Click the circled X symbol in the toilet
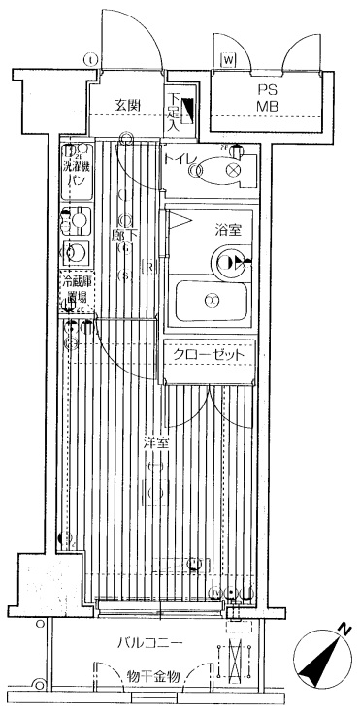point(233,170)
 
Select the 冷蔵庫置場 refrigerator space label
point(76,289)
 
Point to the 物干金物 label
point(152,676)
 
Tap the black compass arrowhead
point(317,669)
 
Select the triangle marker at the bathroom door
point(180,222)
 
